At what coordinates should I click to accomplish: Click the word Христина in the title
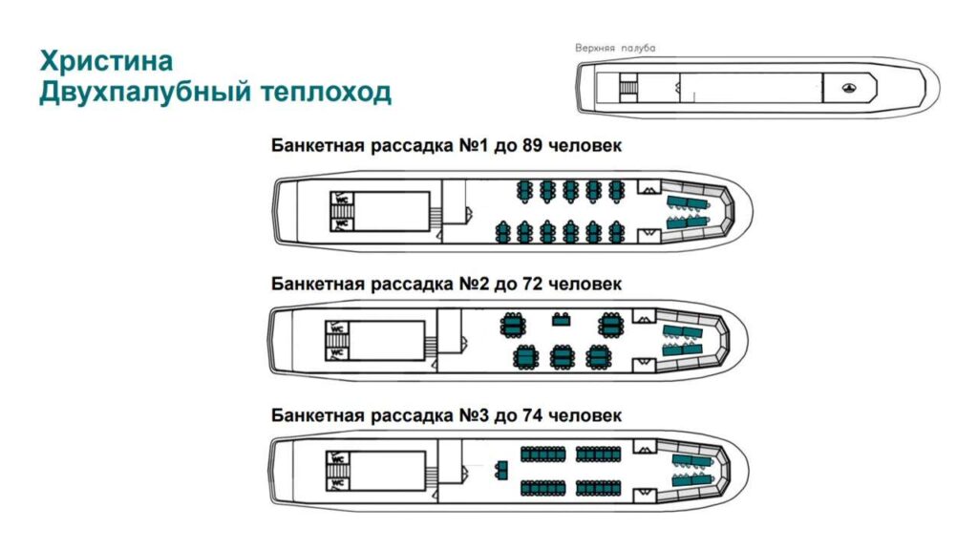click(x=107, y=61)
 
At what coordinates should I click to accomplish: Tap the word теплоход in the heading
click(x=326, y=92)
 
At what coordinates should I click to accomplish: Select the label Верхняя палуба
click(x=615, y=48)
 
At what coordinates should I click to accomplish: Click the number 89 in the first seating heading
click(x=536, y=146)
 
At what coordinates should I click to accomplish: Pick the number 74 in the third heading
click(x=536, y=415)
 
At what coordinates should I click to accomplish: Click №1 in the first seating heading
click(x=474, y=146)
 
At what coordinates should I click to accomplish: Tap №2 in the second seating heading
click(x=474, y=285)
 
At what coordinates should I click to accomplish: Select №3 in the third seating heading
click(x=474, y=415)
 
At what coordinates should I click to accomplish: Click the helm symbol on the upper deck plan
click(x=849, y=88)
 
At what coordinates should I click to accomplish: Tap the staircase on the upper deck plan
click(x=628, y=86)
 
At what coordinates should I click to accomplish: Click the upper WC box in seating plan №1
click(x=342, y=199)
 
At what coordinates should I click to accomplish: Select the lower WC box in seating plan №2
click(x=337, y=353)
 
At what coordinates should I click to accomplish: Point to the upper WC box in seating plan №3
click(x=337, y=459)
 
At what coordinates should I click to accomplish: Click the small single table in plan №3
click(x=501, y=470)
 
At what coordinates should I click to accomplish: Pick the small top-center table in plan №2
click(x=562, y=320)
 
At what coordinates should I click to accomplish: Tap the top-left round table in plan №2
click(x=513, y=325)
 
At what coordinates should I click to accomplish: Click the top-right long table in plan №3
click(x=598, y=454)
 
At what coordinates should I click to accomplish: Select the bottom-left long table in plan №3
click(x=542, y=488)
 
